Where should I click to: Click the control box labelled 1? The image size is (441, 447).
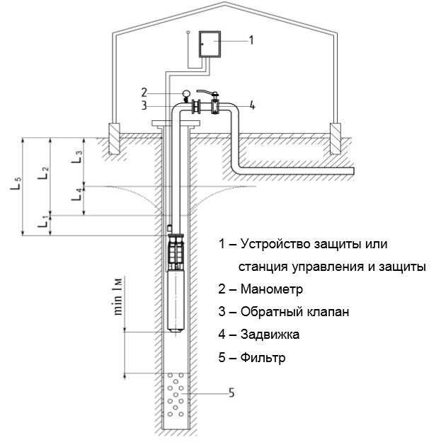[209, 44]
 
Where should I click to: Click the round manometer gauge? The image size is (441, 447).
[187, 93]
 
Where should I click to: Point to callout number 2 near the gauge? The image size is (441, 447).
[144, 92]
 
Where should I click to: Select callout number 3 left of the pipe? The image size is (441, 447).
[144, 107]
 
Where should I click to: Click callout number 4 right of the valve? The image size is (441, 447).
[252, 107]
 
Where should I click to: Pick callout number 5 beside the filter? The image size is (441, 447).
[231, 392]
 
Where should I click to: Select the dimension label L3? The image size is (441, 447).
[78, 155]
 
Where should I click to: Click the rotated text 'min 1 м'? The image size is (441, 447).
[118, 298]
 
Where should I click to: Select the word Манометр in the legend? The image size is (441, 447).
[271, 290]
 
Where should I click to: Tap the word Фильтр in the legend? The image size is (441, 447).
[263, 357]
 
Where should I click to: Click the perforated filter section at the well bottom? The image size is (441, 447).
[177, 399]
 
